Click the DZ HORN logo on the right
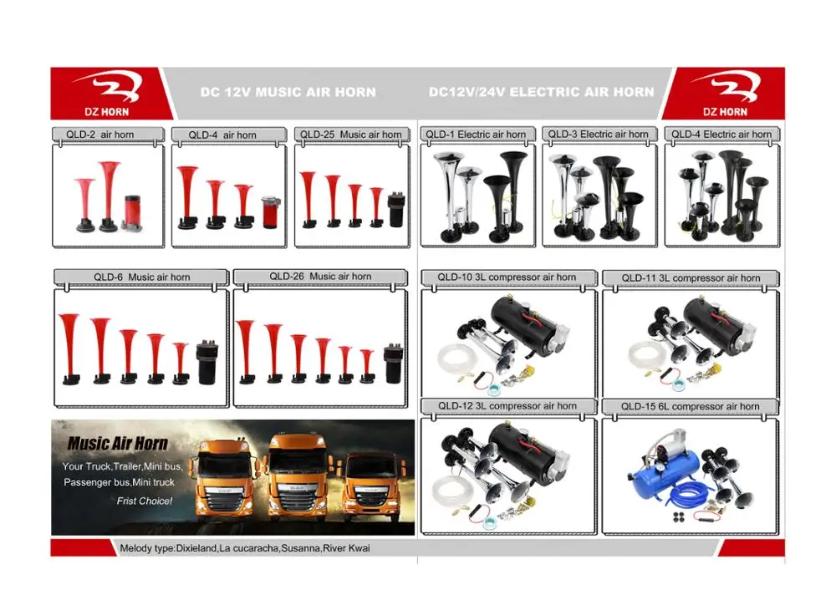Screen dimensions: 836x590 [x=725, y=94]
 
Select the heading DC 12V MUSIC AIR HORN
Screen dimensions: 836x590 [x=288, y=92]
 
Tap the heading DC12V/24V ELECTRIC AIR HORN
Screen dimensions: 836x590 [x=541, y=92]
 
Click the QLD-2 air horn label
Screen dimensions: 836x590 [x=99, y=135]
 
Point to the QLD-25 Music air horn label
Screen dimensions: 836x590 [x=351, y=135]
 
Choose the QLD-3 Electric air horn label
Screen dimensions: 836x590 [x=599, y=135]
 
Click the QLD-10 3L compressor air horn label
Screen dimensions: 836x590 [x=507, y=277]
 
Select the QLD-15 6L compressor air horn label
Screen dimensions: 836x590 [x=690, y=407]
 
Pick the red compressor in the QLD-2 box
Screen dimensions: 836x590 [x=133, y=212]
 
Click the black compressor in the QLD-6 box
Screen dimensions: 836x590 [x=206, y=362]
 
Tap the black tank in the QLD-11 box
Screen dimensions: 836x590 [x=716, y=328]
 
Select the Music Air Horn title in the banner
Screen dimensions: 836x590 [x=117, y=443]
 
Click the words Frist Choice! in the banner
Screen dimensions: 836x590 [x=145, y=501]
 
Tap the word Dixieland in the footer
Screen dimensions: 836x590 [x=196, y=548]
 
